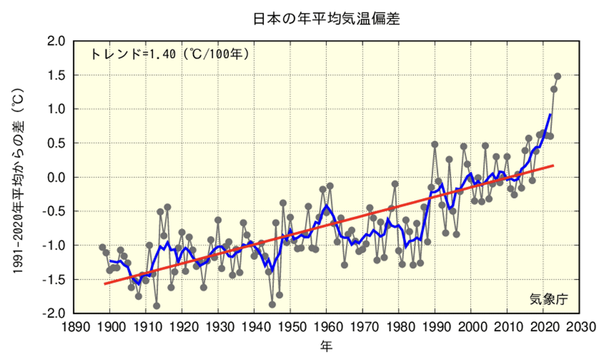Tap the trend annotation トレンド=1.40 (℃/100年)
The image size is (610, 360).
coord(170,54)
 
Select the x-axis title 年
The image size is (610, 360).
coord(326,347)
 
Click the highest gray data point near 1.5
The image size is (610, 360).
coord(558,76)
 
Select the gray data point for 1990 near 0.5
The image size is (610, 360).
coord(435,144)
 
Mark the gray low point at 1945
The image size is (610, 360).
coord(272,305)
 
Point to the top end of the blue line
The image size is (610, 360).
coord(550,114)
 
